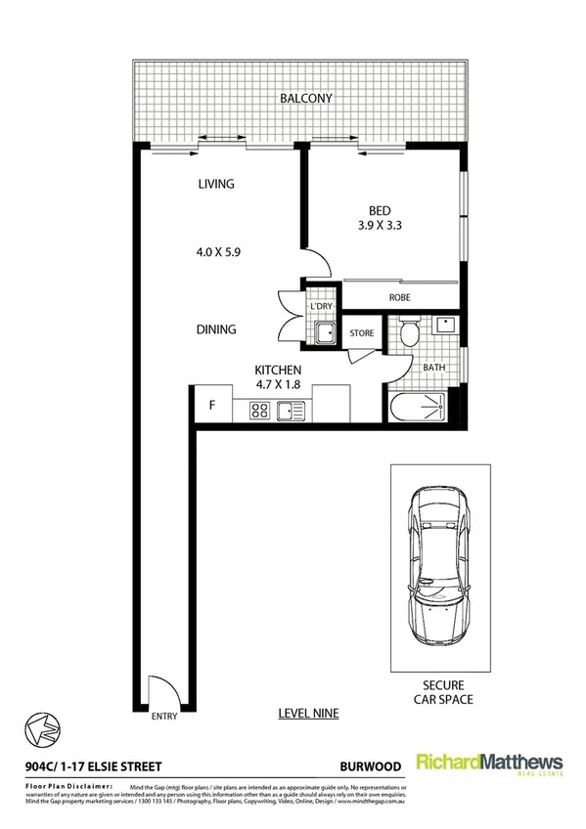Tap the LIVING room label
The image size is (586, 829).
pyautogui.click(x=216, y=184)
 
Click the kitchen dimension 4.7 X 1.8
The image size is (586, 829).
pyautogui.click(x=277, y=385)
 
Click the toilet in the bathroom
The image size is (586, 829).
pyautogui.click(x=411, y=335)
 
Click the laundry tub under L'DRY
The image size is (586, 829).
pyautogui.click(x=324, y=334)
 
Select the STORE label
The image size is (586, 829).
pyautogui.click(x=362, y=333)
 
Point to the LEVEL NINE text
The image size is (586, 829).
pyautogui.click(x=307, y=715)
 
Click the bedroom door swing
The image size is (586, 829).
pyautogui.click(x=315, y=262)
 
